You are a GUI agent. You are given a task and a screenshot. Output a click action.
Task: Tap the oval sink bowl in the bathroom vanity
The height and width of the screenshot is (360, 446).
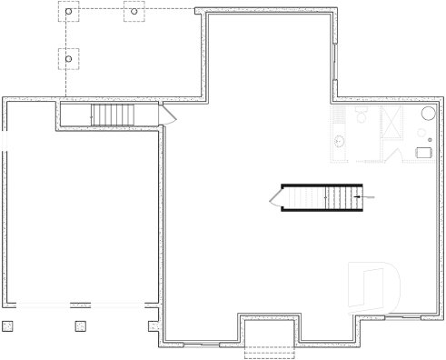pyautogui.click(x=339, y=141)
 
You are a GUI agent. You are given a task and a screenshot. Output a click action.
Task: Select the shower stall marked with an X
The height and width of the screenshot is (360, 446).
pyautogui.click(x=394, y=120)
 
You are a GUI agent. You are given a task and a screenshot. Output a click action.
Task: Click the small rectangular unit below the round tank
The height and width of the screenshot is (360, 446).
pyautogui.click(x=423, y=152)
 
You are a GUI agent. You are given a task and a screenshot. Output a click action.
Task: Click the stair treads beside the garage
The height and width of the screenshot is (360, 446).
pyautogui.click(x=112, y=115)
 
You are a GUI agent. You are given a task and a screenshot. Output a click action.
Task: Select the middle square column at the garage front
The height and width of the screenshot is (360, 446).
pyautogui.click(x=80, y=325)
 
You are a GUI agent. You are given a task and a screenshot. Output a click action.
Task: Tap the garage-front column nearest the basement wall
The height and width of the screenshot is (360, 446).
pyautogui.click(x=152, y=325)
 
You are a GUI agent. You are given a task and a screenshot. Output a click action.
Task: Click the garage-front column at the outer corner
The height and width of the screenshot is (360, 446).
pyautogui.click(x=8, y=325)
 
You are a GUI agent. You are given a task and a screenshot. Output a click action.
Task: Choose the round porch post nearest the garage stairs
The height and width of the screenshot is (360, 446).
pyautogui.click(x=69, y=60)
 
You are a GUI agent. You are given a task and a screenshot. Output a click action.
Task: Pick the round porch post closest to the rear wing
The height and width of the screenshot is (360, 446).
pyautogui.click(x=134, y=13)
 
